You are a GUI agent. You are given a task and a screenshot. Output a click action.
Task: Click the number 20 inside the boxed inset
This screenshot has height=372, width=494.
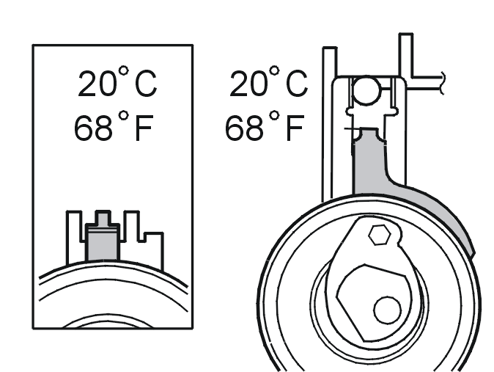(97, 84)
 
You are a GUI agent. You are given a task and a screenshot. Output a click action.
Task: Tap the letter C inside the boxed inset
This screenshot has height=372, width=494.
(146, 84)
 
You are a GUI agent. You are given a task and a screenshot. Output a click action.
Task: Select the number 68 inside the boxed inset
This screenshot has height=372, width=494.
(93, 128)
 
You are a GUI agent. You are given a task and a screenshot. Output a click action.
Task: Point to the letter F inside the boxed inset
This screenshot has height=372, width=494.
(144, 128)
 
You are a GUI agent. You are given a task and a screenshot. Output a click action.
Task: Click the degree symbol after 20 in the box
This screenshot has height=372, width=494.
(124, 70)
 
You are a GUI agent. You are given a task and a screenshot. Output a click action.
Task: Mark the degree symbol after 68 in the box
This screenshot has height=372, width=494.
(124, 115)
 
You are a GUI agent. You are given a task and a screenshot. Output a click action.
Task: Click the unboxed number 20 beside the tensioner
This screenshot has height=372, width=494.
(249, 84)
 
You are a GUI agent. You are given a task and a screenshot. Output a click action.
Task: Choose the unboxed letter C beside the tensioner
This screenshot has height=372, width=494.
(297, 84)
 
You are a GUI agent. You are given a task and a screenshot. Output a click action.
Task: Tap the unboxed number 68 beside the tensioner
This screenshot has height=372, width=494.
(244, 128)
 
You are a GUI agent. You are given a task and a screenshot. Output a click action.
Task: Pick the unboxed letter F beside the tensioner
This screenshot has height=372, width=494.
(295, 128)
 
